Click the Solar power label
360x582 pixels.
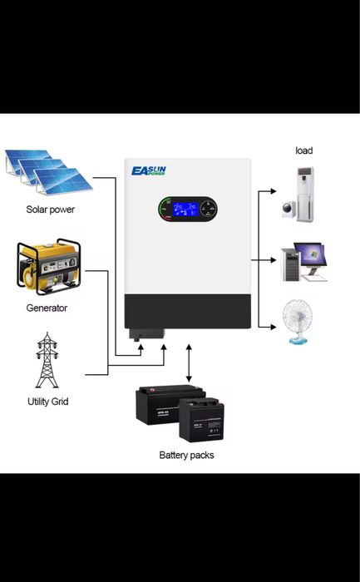[x=50, y=210]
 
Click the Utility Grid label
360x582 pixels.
[x=47, y=402]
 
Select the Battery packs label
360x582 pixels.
[x=186, y=455]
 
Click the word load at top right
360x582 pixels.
[x=304, y=150]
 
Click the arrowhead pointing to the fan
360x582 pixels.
[x=273, y=324]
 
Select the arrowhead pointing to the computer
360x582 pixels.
[x=273, y=259]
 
